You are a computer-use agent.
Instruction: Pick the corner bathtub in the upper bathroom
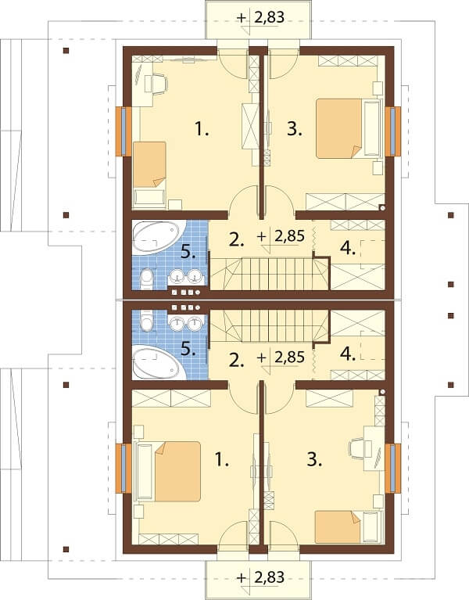tap(159, 237)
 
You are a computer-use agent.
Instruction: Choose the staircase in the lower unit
tap(266, 324)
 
